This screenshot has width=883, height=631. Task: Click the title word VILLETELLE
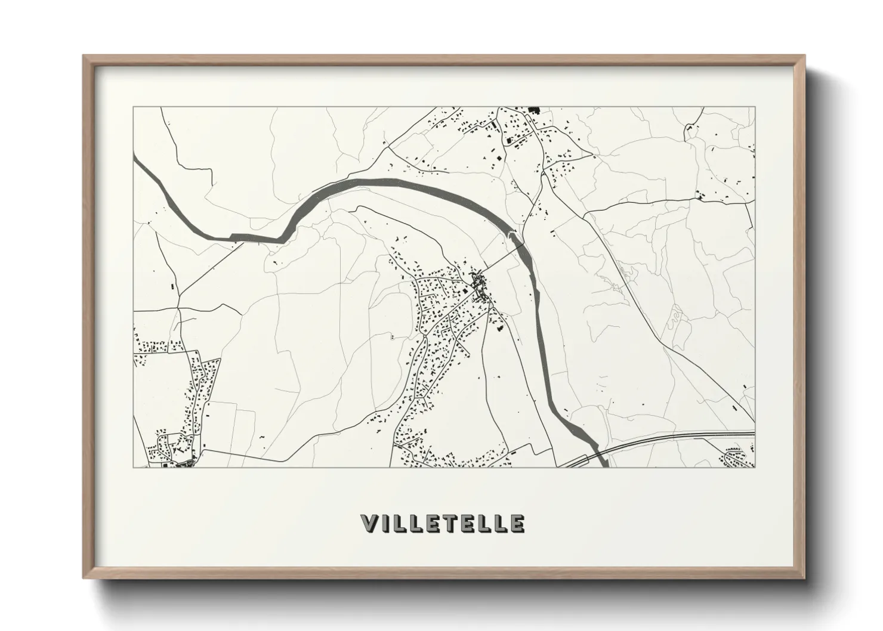(443, 523)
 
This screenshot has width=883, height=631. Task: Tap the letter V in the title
(369, 523)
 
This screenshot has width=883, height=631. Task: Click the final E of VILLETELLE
(517, 523)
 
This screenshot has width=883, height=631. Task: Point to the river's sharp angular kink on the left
(279, 239)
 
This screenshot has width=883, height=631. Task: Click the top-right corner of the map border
(755, 107)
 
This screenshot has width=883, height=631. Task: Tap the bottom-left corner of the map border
(134, 467)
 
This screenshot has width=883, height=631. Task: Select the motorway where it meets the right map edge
(754, 433)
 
